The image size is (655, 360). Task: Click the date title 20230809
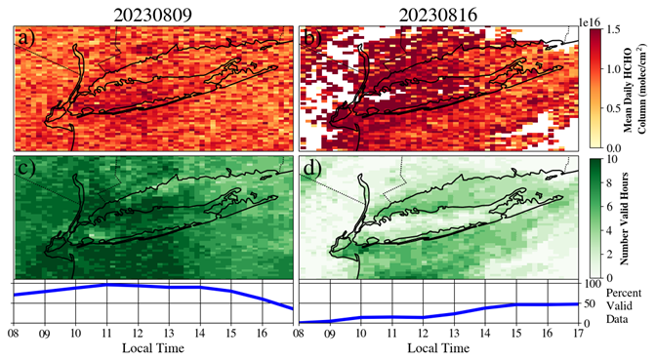click(x=153, y=15)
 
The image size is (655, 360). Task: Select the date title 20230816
click(x=437, y=15)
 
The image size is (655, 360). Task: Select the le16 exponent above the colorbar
click(x=590, y=23)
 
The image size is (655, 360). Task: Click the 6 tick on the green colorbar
click(x=609, y=206)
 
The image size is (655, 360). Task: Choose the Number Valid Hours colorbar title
click(x=625, y=218)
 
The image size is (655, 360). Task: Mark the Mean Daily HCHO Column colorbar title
click(x=635, y=88)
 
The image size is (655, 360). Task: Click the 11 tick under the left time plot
click(x=106, y=334)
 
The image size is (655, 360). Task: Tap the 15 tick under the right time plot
click(x=516, y=334)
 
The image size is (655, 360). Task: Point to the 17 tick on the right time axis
click(x=579, y=334)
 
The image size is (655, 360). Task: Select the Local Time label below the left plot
click(x=153, y=348)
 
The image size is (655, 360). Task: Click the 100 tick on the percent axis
click(x=592, y=284)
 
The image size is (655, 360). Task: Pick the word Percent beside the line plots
click(x=624, y=293)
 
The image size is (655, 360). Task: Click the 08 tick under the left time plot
click(x=15, y=334)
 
